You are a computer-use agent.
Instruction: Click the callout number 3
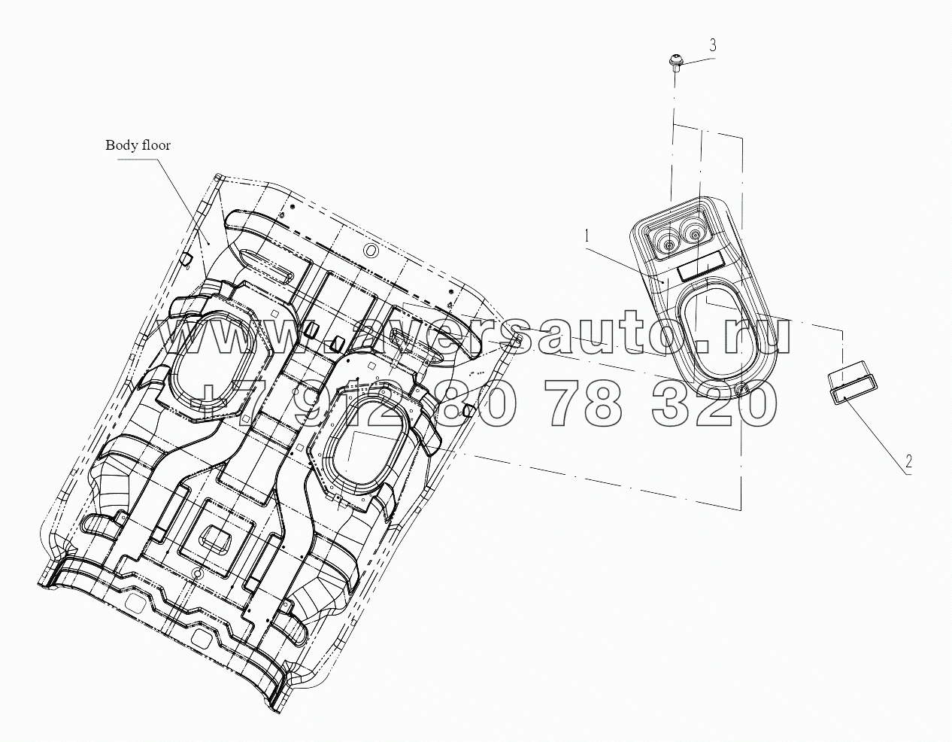(x=712, y=46)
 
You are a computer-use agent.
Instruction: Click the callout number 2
(x=909, y=462)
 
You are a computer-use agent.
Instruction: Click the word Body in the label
(x=120, y=145)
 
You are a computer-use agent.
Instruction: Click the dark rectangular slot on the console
(x=701, y=269)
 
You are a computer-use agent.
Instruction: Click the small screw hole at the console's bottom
(x=742, y=389)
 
